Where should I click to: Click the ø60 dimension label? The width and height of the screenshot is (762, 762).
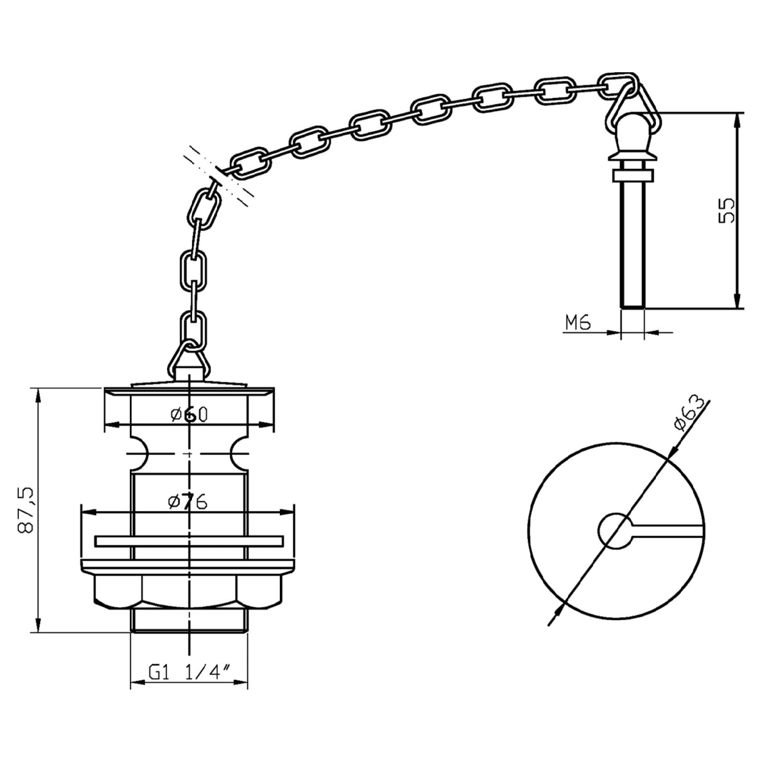(188, 414)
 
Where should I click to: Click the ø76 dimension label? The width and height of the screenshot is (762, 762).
(188, 502)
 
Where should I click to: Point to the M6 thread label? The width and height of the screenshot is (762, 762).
(578, 323)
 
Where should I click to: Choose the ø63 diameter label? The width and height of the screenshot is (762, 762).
(690, 415)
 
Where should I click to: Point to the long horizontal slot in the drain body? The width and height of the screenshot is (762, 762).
(188, 540)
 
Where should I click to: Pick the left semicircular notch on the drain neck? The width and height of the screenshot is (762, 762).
(137, 453)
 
